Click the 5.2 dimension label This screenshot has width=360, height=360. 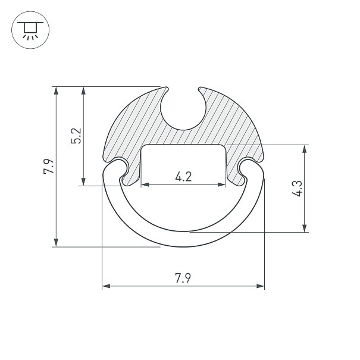pyautogui.click(x=76, y=136)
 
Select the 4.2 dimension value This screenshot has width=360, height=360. pyautogui.click(x=183, y=177)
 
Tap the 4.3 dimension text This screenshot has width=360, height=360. pyautogui.click(x=298, y=189)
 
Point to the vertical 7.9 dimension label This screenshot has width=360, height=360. pyautogui.click(x=49, y=166)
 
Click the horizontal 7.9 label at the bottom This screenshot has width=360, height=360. pyautogui.click(x=183, y=278)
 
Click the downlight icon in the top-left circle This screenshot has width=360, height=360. pyautogui.click(x=30, y=30)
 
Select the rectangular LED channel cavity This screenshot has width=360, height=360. pyautogui.click(x=183, y=164)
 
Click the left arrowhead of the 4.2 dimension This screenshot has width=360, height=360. pyautogui.click(x=145, y=184)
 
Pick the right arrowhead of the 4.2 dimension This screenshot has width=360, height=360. pyautogui.click(x=221, y=184)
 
